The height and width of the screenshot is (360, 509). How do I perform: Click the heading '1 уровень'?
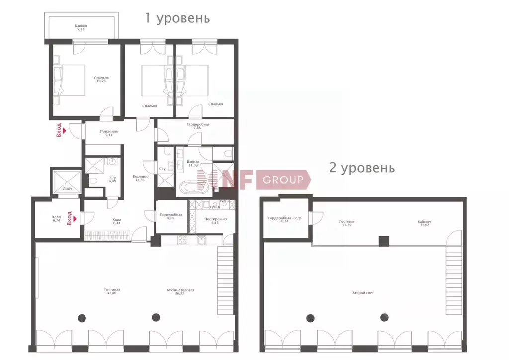pos(177,19)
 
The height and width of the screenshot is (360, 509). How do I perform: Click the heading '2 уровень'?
pos(362,168)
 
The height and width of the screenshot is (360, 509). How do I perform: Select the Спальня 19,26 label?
pos(101,80)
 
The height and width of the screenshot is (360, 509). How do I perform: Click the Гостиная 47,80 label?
pos(112,291)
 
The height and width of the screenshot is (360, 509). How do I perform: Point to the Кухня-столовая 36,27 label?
pos(180,291)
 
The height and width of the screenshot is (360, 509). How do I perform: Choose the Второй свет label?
pos(363,293)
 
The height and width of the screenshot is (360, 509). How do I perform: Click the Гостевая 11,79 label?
pos(347,224)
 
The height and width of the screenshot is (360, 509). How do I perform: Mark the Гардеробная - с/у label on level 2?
pos(285,219)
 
